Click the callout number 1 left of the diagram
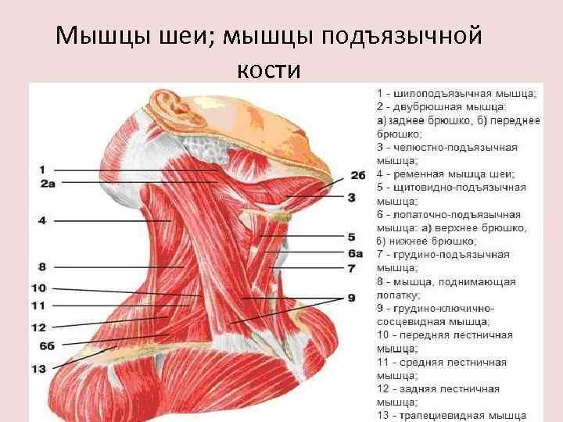[41, 170]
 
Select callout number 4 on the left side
[41, 221]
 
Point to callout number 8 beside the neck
[41, 267]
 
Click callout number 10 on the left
[39, 288]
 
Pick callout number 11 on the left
[39, 306]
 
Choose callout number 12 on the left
[39, 327]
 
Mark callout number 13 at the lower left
[39, 368]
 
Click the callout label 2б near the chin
[358, 175]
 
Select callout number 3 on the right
[352, 198]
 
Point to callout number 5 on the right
[352, 236]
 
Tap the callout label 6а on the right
[356, 253]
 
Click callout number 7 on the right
[352, 268]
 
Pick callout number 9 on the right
[352, 298]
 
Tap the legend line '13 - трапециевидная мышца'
[451, 415]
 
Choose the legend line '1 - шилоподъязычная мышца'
[456, 92]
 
